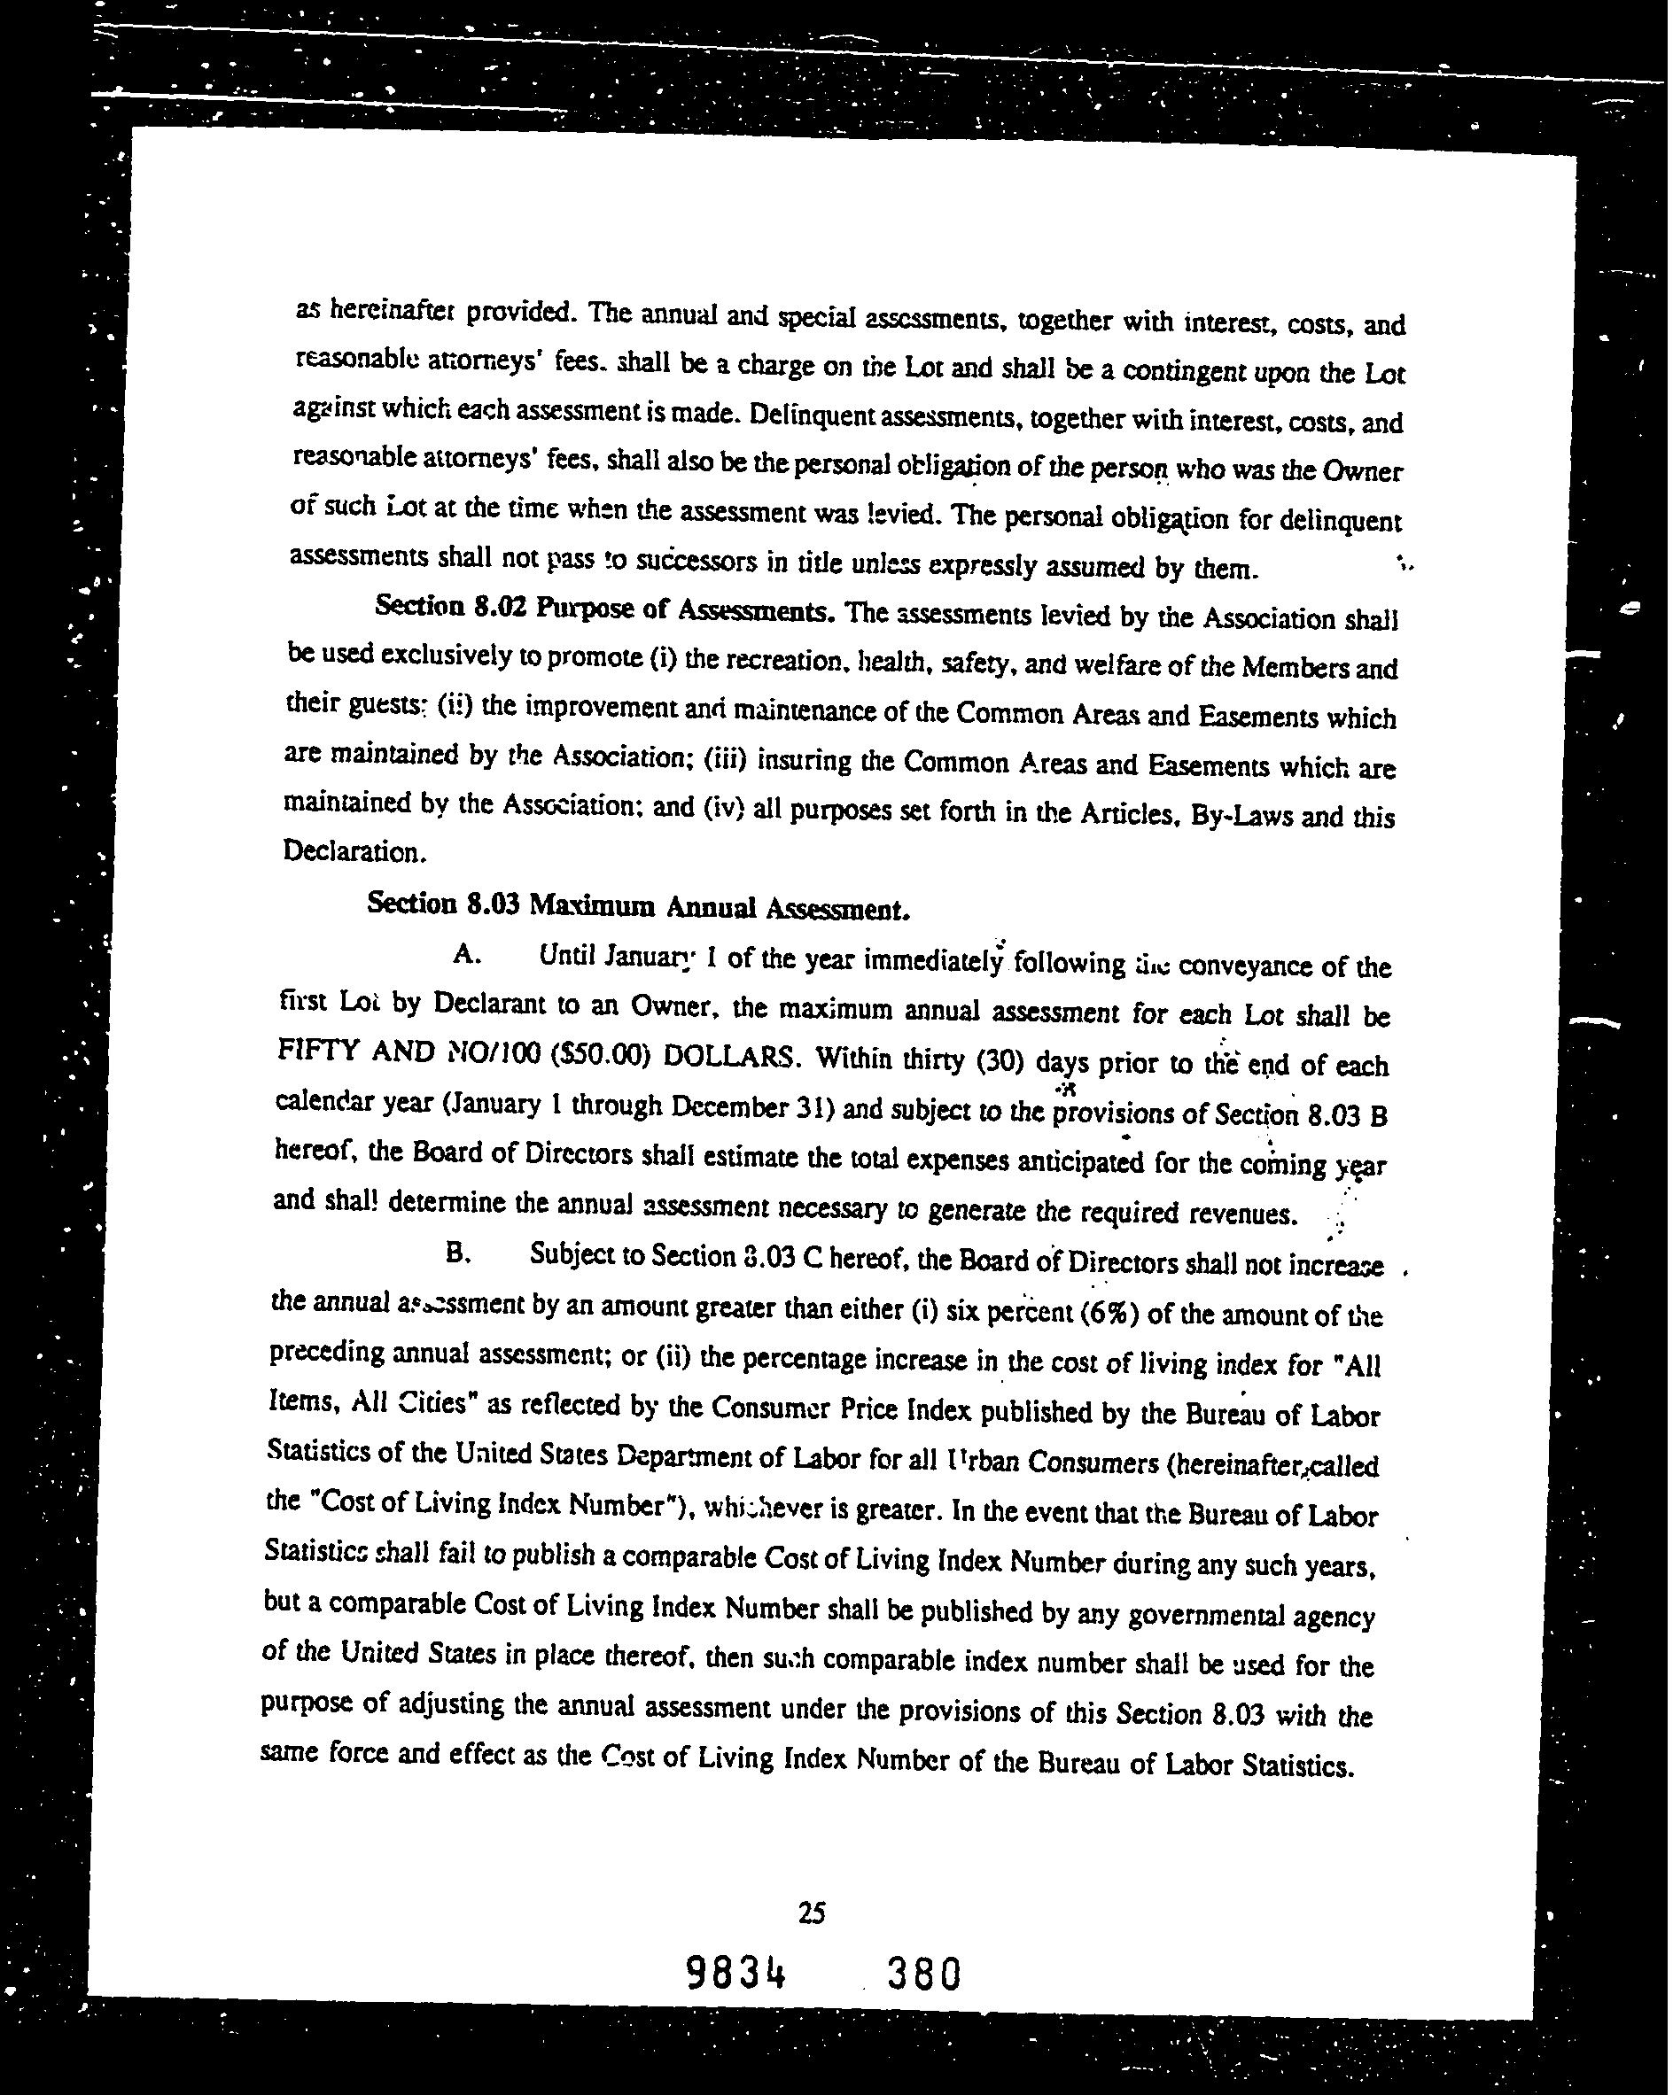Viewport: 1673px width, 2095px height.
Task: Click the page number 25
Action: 811,1913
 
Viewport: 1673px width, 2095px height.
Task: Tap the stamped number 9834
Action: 735,1974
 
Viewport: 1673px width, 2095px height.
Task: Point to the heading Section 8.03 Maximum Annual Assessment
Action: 639,905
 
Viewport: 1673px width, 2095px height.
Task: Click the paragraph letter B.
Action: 458,1253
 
